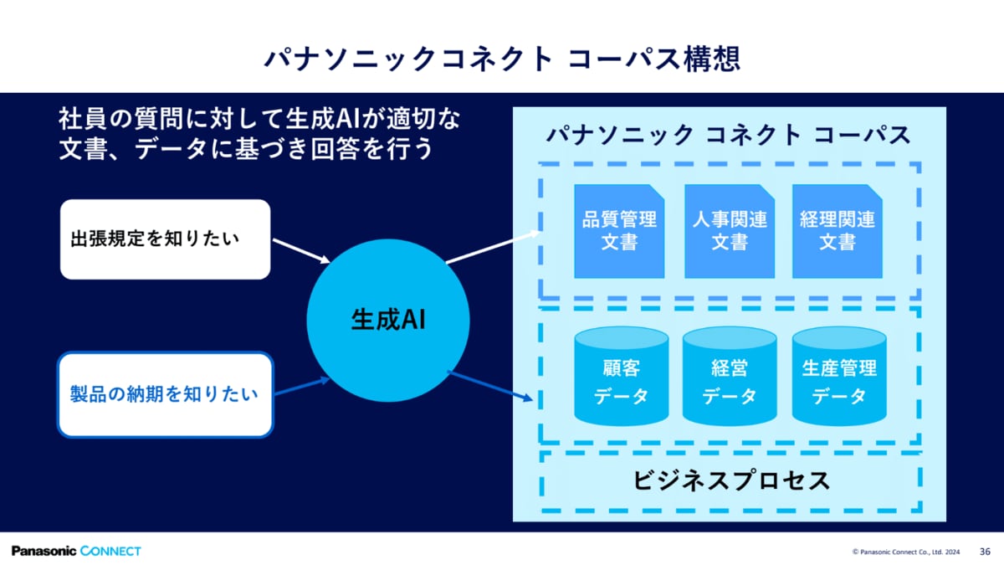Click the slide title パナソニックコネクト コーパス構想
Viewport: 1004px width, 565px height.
click(502, 59)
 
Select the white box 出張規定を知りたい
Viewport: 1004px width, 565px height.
click(166, 239)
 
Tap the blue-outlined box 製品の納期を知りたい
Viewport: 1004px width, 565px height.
click(166, 394)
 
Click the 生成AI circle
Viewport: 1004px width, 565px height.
click(388, 320)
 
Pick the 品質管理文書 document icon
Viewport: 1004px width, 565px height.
click(619, 231)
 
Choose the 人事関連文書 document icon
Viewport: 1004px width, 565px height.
click(730, 231)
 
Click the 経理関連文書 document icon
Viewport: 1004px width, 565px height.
click(838, 231)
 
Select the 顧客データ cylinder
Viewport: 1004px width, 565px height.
click(621, 376)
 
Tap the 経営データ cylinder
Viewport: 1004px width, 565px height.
click(730, 376)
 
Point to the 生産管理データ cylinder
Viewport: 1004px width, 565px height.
click(839, 376)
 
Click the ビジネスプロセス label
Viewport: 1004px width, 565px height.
click(731, 480)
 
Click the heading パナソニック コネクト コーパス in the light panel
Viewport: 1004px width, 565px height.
click(729, 135)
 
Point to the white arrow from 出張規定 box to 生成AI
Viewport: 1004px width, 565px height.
click(301, 251)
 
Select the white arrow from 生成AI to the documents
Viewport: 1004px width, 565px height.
click(493, 247)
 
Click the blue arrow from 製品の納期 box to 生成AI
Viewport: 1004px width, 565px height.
click(302, 387)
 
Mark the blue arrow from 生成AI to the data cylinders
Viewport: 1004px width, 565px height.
click(490, 386)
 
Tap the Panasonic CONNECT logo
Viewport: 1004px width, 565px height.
click(76, 551)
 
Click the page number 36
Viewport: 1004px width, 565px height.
click(986, 552)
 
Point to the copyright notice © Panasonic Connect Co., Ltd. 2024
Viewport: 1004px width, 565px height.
click(906, 552)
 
